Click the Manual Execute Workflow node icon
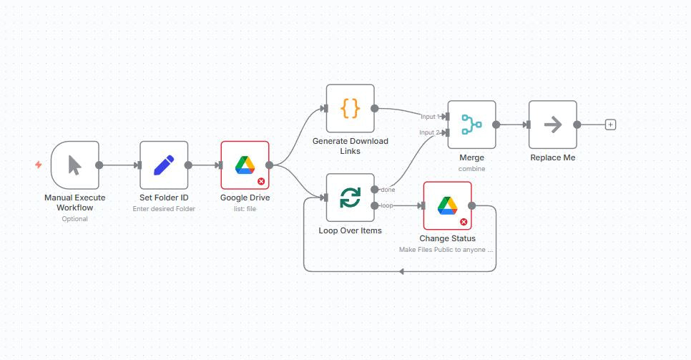click(x=74, y=165)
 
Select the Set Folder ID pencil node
click(x=164, y=165)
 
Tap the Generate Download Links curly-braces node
click(x=350, y=109)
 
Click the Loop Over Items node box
click(x=350, y=198)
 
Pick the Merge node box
click(x=471, y=125)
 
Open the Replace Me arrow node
click(x=552, y=125)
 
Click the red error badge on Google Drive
click(x=261, y=182)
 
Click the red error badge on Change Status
click(x=464, y=222)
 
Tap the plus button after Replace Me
click(x=610, y=125)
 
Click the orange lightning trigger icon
click(x=38, y=165)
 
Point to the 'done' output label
click(x=388, y=190)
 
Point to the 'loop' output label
click(x=387, y=206)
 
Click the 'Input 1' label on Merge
click(x=429, y=117)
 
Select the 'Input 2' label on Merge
click(x=429, y=132)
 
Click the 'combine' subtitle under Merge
click(x=471, y=169)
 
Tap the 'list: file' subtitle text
click(x=245, y=209)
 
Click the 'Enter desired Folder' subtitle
click(x=164, y=209)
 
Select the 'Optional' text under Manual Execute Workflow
click(x=74, y=219)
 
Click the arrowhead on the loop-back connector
click(x=402, y=271)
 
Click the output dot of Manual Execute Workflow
click(x=99, y=165)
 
